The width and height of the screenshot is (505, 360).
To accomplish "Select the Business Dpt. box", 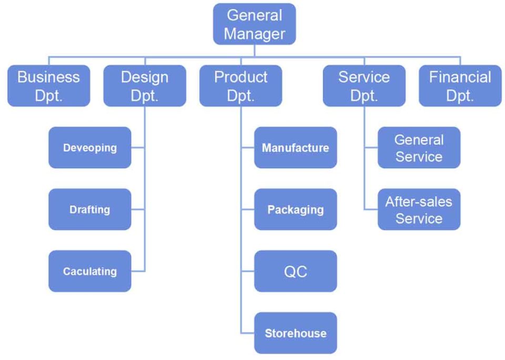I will [x=48, y=86].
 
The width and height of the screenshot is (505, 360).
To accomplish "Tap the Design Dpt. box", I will [x=145, y=86].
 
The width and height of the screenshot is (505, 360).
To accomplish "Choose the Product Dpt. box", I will [x=241, y=86].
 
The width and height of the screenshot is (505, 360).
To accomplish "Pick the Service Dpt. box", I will [x=364, y=86].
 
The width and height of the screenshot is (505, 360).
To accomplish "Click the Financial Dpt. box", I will [x=460, y=86].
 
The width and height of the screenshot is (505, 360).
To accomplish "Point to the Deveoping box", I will [x=90, y=148].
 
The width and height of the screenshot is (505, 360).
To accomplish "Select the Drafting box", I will [x=90, y=209].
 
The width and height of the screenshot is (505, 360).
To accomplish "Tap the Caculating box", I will [x=90, y=271].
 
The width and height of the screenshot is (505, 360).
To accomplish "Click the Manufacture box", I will [x=295, y=148].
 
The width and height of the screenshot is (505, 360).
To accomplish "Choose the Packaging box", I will [x=295, y=209].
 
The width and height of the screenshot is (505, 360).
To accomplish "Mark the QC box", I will [x=295, y=271].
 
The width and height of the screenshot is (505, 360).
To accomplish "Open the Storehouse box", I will [x=295, y=333].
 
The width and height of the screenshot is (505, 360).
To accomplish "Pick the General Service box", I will [x=419, y=148].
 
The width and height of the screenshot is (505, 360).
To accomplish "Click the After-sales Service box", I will [x=419, y=209].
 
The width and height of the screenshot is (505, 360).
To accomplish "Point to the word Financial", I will [x=460, y=77].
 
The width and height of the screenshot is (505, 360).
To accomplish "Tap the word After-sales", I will [x=419, y=201].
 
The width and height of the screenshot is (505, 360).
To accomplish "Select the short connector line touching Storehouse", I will [x=248, y=333].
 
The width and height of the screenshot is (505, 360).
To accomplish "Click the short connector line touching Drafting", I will [x=138, y=210].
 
